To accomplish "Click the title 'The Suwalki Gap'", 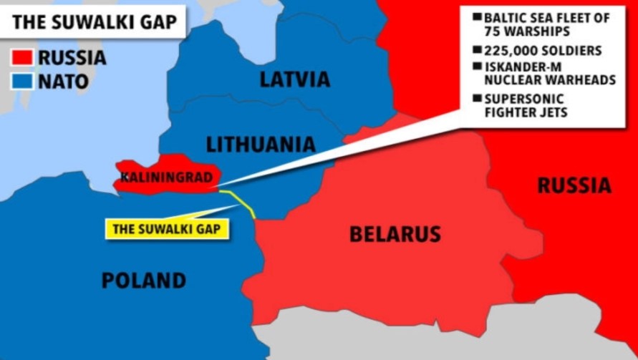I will click(95, 21).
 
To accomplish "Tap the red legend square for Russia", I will click(23, 57).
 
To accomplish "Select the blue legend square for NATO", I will click(23, 81).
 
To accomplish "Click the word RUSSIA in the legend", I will click(72, 57).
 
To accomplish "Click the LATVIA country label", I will click(294, 79).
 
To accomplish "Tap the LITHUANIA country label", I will click(261, 145).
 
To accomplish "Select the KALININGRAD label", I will click(165, 176).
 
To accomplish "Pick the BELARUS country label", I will click(395, 233).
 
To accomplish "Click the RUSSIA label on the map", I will click(574, 186).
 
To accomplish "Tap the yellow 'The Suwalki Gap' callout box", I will click(167, 228).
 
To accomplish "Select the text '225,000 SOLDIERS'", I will click(543, 51).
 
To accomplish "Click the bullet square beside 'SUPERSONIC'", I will click(476, 99).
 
